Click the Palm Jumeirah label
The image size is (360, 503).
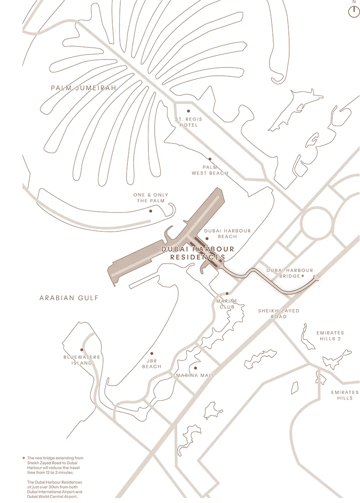click(x=83, y=88)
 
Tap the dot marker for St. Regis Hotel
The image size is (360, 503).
click(x=188, y=111)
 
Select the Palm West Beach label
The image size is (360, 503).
click(x=210, y=170)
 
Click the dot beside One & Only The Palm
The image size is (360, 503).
click(x=150, y=211)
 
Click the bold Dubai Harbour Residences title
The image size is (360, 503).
click(x=198, y=253)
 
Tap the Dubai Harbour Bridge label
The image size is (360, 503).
click(x=290, y=273)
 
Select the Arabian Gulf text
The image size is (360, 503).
click(x=69, y=298)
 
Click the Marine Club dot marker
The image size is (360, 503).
click(x=227, y=294)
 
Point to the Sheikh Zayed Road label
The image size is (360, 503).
click(x=279, y=314)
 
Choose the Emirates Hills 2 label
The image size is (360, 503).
click(x=330, y=335)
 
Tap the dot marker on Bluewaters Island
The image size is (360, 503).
click(x=82, y=350)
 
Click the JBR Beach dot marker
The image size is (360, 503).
click(x=152, y=353)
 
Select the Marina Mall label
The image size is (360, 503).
click(x=195, y=375)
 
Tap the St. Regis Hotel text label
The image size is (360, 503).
click(x=188, y=122)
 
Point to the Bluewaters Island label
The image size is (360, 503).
click(x=82, y=360)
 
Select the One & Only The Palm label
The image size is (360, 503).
click(x=151, y=198)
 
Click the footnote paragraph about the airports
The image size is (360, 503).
click(x=54, y=489)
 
